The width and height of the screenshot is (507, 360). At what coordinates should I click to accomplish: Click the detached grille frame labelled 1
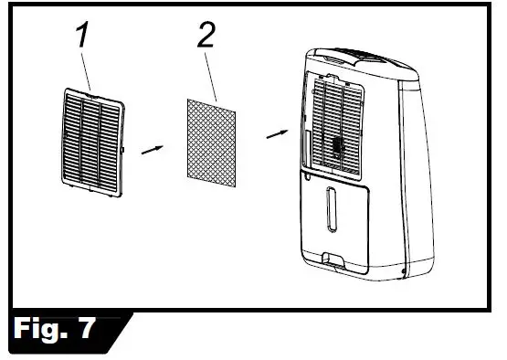click(x=94, y=137)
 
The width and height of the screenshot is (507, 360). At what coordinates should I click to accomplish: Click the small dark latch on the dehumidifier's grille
click(x=337, y=147)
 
